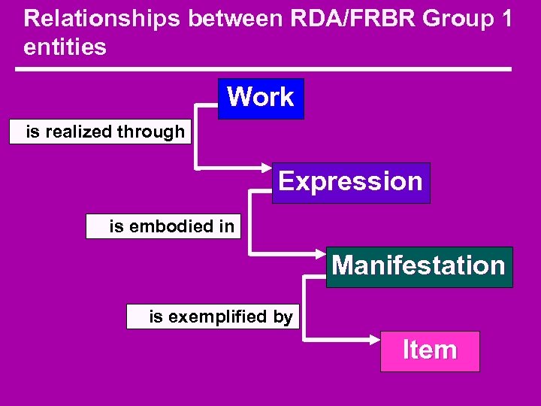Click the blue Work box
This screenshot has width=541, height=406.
261,98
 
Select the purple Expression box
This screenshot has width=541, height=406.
351,183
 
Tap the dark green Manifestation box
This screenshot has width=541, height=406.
419,267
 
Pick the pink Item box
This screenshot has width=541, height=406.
430,351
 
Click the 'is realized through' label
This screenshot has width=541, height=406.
105,132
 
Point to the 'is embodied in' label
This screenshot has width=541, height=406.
171,226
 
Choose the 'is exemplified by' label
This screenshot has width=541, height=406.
220,317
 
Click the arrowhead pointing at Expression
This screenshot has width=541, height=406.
265,166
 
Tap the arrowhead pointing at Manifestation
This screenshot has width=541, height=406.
319,250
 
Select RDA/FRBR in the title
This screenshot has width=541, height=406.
336,19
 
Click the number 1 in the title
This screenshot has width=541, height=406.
506,19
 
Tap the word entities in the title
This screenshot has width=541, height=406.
65,47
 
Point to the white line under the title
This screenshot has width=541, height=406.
263,70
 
